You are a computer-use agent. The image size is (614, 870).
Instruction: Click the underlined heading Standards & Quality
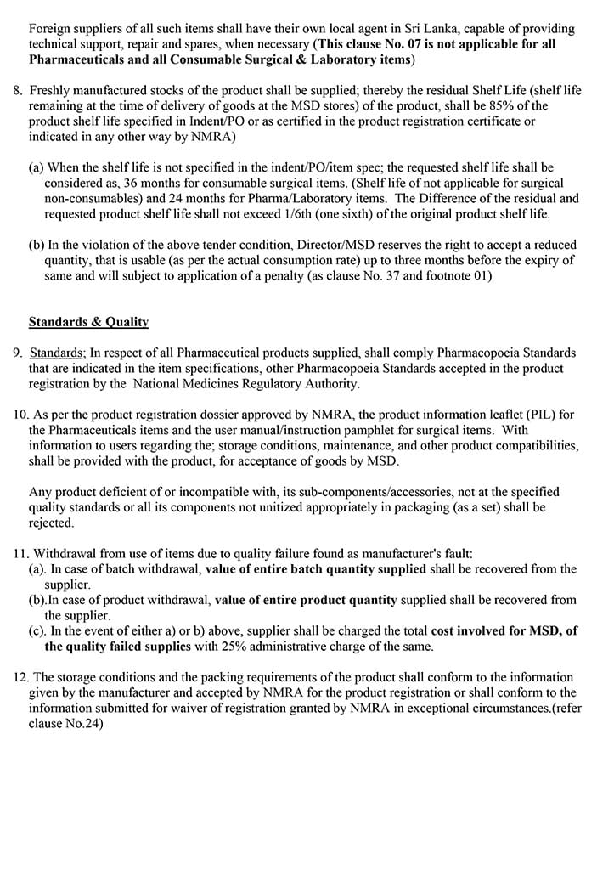(88, 322)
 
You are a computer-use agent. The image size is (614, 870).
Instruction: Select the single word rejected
(51, 523)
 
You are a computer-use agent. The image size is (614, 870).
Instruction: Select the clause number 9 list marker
(17, 353)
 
